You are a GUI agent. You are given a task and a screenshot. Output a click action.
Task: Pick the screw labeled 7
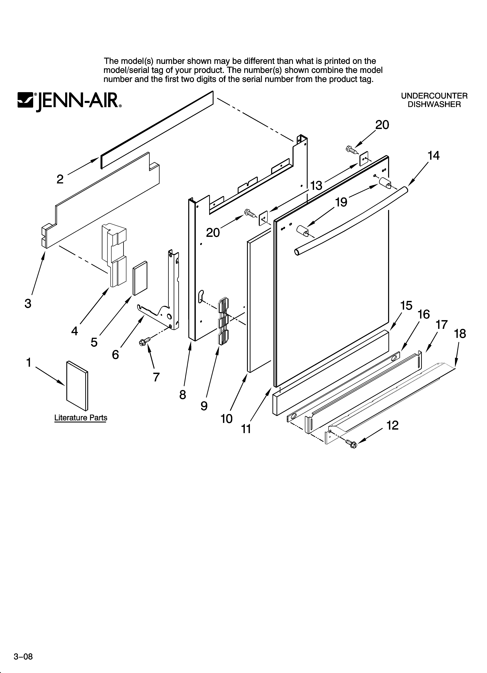pos(144,341)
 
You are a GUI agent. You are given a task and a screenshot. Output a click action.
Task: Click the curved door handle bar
pos(350,220)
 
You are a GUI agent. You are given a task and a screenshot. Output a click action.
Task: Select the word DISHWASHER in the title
pos(434,105)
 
